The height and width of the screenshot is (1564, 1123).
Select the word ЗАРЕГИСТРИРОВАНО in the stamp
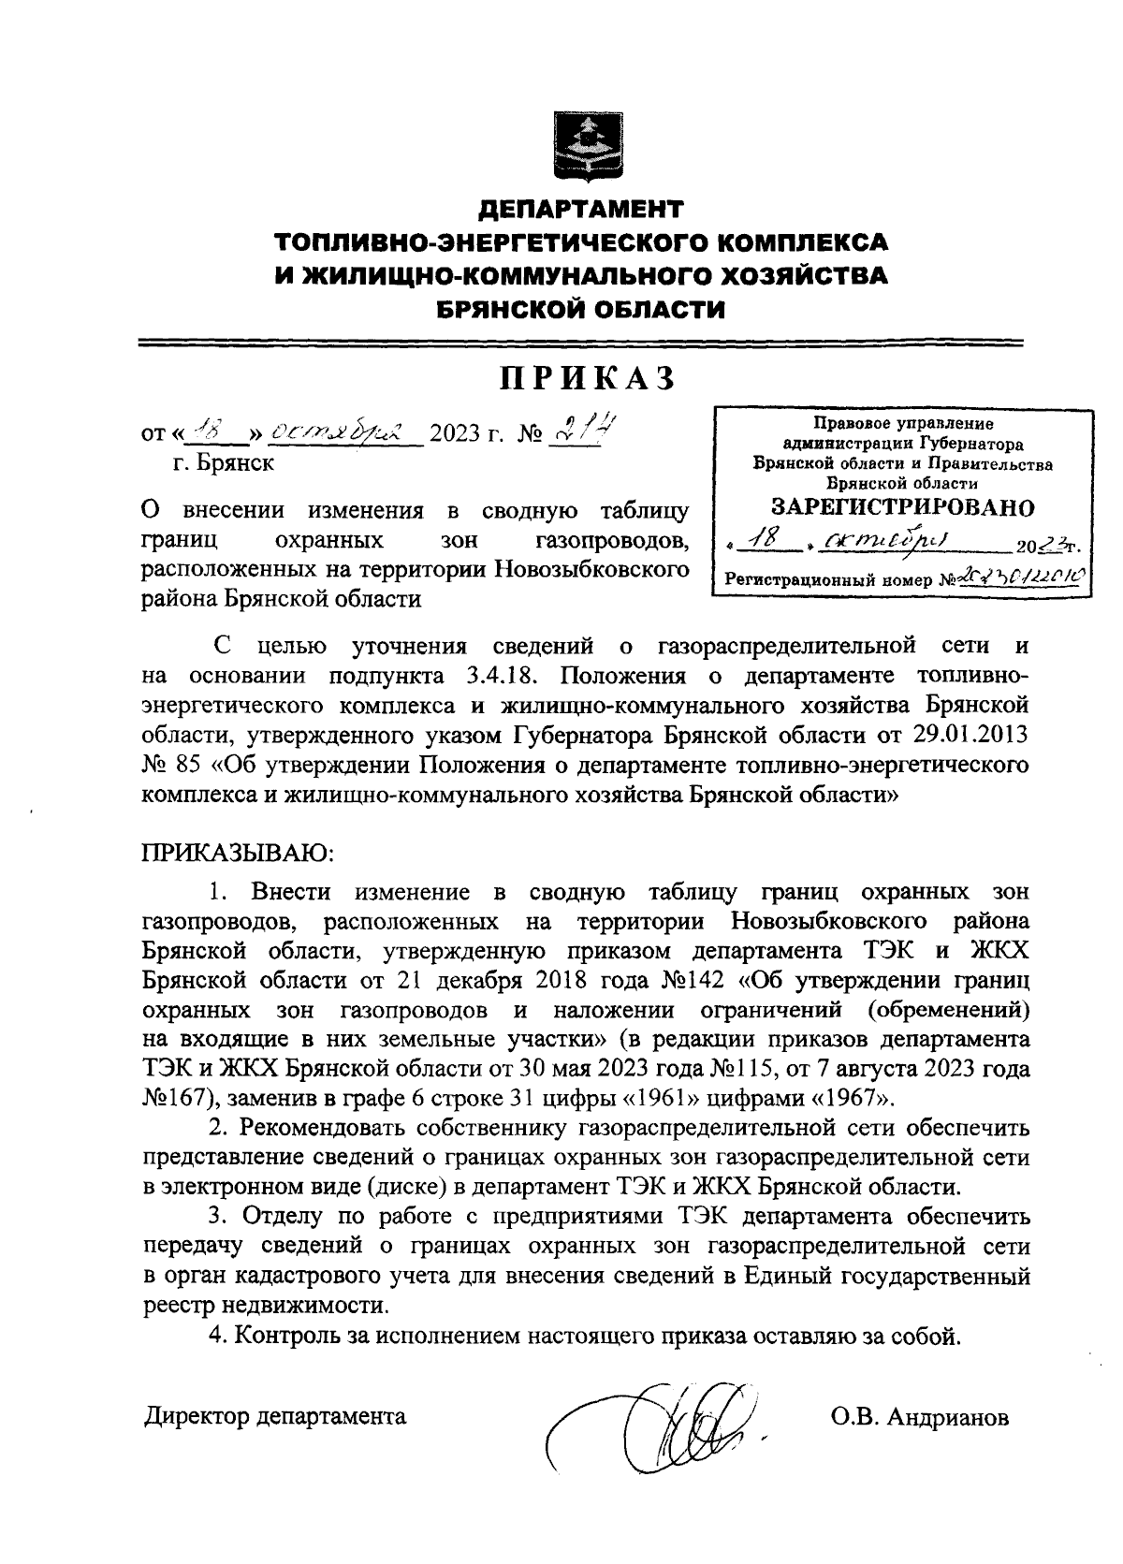903,506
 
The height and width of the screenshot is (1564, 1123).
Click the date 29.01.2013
974,729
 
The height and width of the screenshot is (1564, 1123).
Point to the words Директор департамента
275,1417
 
